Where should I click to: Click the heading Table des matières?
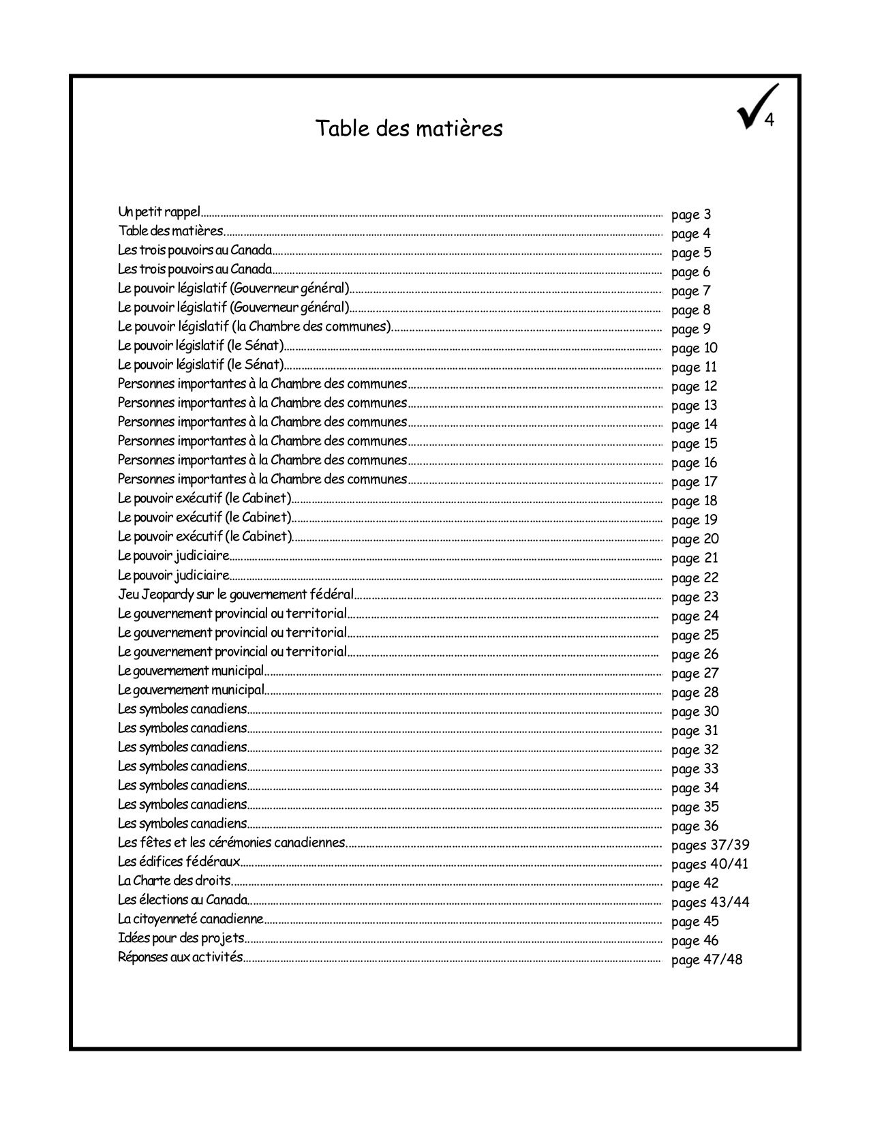[409, 128]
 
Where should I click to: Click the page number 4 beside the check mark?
[769, 121]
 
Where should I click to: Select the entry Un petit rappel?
[159, 212]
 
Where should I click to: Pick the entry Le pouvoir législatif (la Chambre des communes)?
[255, 327]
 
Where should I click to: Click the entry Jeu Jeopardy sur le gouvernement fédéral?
[236, 595]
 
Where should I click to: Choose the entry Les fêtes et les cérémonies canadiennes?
[232, 843]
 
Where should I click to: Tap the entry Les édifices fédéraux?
[179, 862]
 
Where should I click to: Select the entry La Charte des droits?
[174, 881]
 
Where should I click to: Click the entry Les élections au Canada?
[183, 900]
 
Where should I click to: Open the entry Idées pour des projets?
[181, 938]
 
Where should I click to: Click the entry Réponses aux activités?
[180, 957]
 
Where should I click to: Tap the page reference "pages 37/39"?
[710, 845]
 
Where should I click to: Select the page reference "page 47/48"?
[707, 960]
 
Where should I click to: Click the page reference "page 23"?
[695, 597]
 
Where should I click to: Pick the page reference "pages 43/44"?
[710, 903]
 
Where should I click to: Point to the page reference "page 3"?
[691, 215]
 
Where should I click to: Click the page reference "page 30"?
[695, 712]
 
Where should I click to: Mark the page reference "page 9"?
[691, 329]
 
